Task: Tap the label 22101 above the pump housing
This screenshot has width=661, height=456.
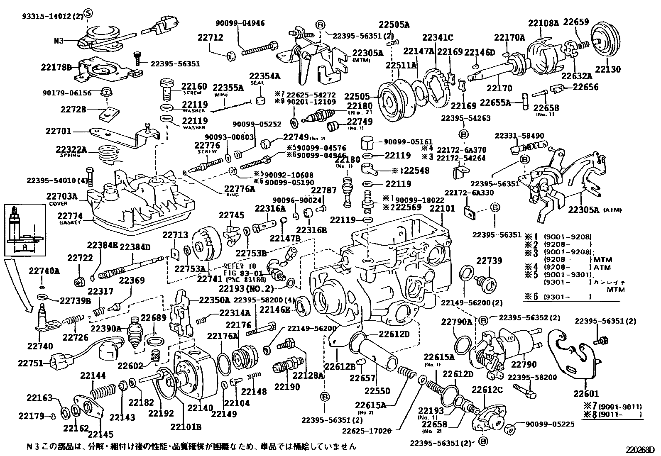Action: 442,208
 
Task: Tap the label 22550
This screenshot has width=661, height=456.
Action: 377,390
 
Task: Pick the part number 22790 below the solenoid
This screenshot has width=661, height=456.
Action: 524,365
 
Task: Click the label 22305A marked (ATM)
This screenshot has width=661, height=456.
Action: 584,210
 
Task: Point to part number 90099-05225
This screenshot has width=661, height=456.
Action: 550,424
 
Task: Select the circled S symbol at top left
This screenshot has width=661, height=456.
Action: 88,13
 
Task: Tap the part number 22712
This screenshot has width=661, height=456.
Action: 210,37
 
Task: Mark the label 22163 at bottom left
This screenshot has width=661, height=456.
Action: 40,398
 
